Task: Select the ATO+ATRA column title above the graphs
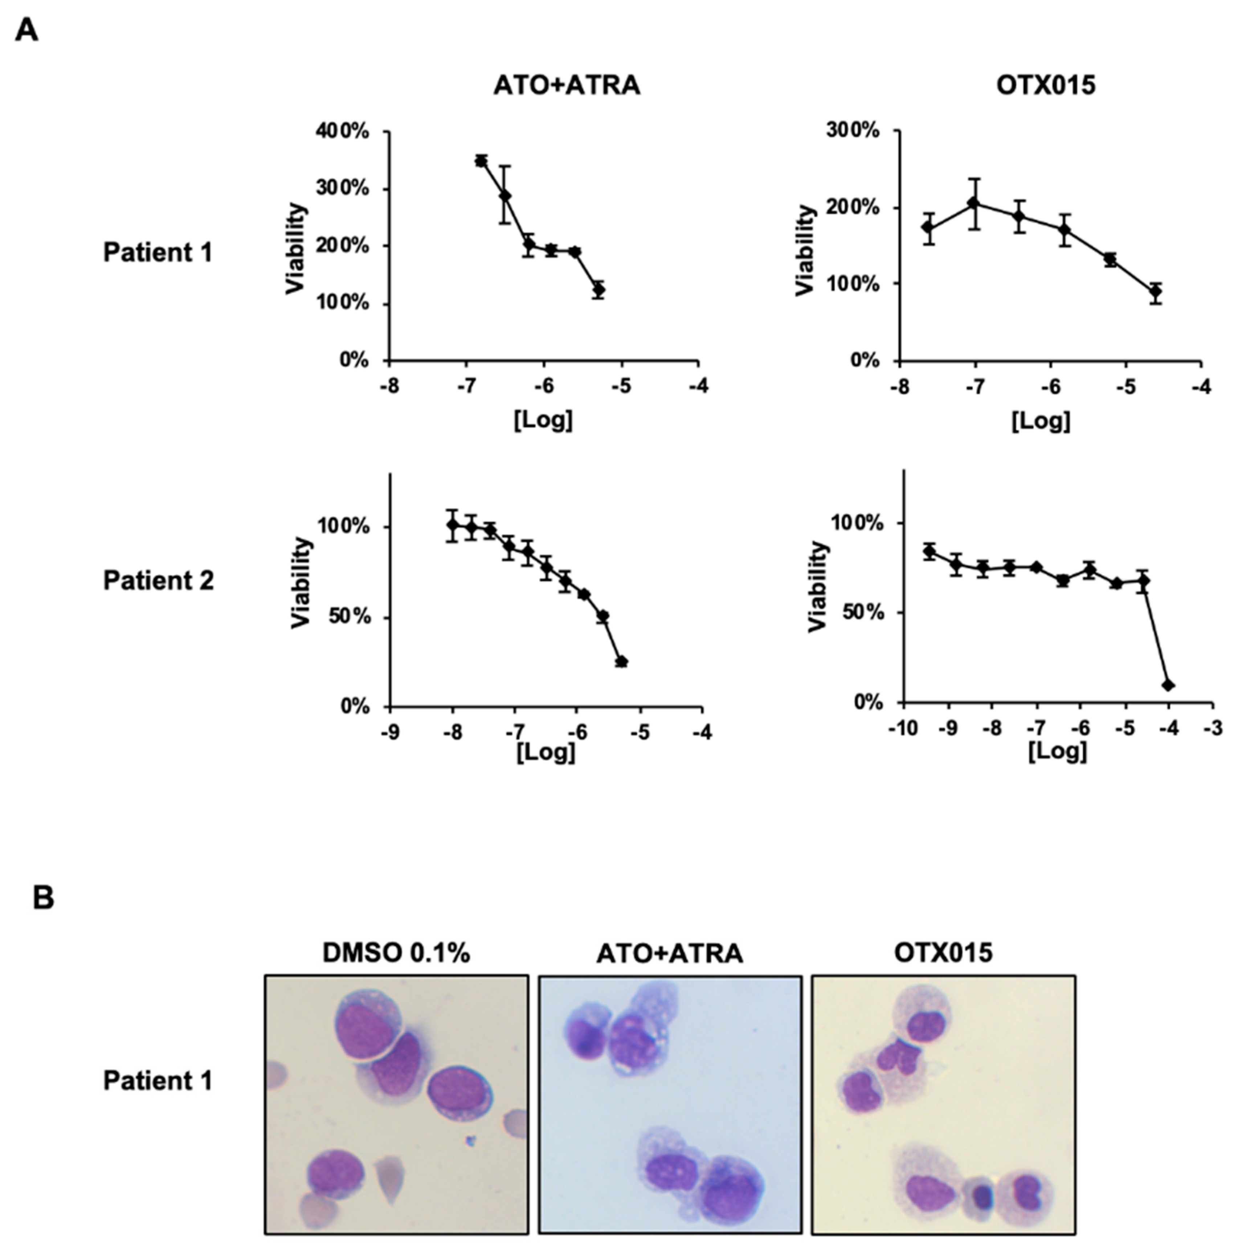coord(567,86)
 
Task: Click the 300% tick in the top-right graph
coord(852,131)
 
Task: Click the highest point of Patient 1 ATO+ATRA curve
coord(481,160)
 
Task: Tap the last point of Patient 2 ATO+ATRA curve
coord(622,661)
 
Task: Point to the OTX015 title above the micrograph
coord(943,953)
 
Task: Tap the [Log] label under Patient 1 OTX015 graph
coord(1040,420)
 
